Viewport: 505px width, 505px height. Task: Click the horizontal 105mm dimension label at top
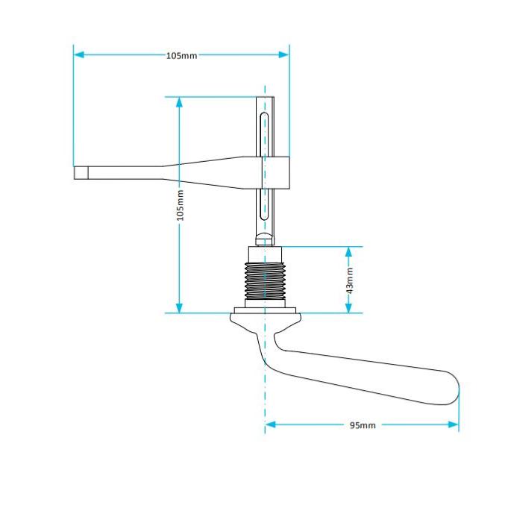coord(182,55)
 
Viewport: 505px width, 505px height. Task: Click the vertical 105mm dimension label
coord(181,205)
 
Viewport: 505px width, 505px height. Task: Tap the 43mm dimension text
coord(350,280)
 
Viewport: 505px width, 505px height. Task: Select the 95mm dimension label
coord(363,425)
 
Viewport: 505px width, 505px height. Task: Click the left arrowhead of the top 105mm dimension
coord(79,54)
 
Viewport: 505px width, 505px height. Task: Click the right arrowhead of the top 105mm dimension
coord(283,54)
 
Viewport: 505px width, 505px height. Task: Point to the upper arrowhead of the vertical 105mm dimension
coord(180,102)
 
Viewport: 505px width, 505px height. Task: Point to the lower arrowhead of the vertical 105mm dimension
coord(180,307)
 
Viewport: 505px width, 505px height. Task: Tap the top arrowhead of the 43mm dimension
coord(348,252)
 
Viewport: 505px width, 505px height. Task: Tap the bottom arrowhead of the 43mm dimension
coord(348,307)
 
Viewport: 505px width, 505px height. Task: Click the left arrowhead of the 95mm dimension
coord(271,424)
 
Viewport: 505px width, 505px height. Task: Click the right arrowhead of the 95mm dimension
coord(453,424)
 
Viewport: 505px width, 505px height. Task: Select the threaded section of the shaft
coord(265,281)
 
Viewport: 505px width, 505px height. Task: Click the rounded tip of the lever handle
coord(451,388)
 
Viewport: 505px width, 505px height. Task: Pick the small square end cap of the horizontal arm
coord(81,172)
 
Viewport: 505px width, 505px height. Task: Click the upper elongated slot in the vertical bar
coord(264,134)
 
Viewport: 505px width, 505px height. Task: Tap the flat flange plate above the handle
coord(265,310)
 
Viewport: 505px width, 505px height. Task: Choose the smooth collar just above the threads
coord(265,255)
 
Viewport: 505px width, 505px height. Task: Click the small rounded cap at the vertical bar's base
coord(265,239)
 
